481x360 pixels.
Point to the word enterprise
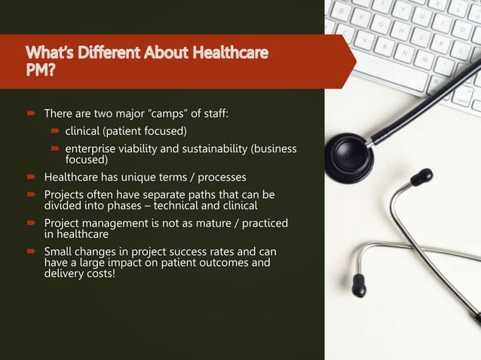pos(100,148)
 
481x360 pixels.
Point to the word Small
pos(60,251)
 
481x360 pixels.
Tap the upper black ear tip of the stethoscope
pos(421,177)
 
